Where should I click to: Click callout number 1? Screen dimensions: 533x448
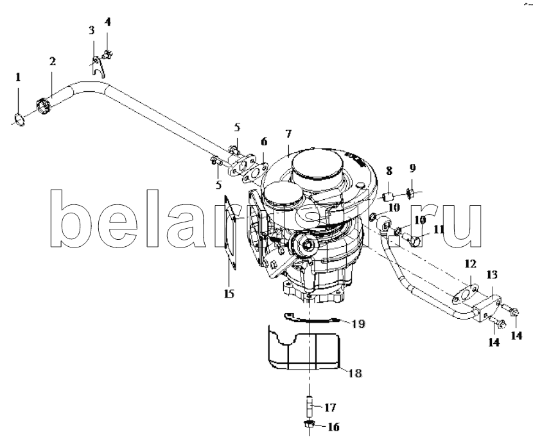(x=18, y=77)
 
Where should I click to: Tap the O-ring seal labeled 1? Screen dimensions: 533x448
(x=19, y=120)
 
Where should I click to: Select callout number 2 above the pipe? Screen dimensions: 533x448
(x=53, y=62)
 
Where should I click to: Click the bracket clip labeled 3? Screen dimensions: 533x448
(x=98, y=67)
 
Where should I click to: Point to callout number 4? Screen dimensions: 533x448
(x=107, y=22)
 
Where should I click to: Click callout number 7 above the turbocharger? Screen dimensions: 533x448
(x=288, y=134)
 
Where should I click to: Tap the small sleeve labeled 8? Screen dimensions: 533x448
(x=387, y=197)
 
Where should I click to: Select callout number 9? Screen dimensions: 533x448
(x=412, y=168)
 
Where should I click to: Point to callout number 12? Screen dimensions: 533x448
(x=471, y=264)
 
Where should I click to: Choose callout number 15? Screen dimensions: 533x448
(x=229, y=294)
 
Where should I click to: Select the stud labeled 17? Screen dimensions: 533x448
(x=310, y=407)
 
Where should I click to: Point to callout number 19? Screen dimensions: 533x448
(x=358, y=323)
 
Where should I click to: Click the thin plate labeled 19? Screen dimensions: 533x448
(x=311, y=318)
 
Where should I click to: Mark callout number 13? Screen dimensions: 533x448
(x=491, y=274)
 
